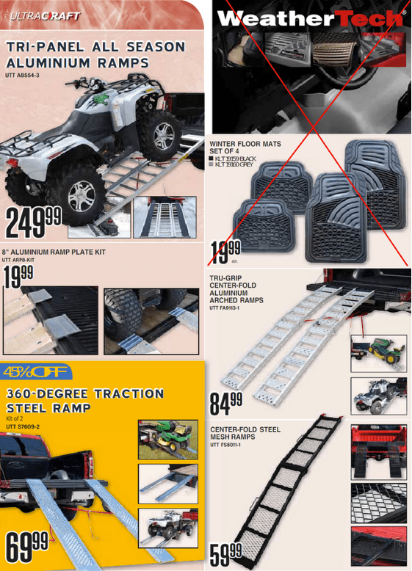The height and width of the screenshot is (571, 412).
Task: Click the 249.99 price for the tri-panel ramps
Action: tap(34, 222)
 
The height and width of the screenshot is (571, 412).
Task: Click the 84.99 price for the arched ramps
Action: tap(226, 403)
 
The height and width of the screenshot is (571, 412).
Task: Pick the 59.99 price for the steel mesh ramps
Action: tap(226, 550)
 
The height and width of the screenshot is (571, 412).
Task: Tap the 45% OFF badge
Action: tap(35, 371)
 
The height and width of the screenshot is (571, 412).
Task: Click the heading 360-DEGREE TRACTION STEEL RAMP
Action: tap(84, 400)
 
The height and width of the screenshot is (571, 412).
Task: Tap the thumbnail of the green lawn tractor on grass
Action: tap(167, 439)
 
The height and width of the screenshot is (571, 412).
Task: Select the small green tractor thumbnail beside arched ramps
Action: tap(377, 351)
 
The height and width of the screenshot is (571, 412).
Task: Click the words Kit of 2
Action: tap(15, 418)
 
